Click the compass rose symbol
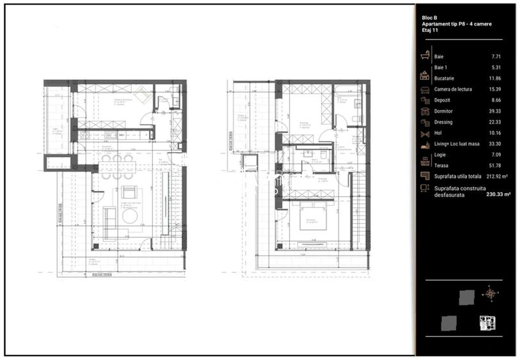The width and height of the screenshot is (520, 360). pyautogui.click(x=490, y=293)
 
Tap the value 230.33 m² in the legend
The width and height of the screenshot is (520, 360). pyautogui.click(x=498, y=194)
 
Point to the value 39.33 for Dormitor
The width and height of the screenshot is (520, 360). pyautogui.click(x=493, y=111)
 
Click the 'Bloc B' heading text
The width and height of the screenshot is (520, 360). pyautogui.click(x=430, y=17)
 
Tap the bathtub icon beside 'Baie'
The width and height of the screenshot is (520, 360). pyautogui.click(x=424, y=56)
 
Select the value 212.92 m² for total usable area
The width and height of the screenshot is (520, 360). pyautogui.click(x=496, y=176)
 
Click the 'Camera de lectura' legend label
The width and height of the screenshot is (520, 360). pyautogui.click(x=453, y=90)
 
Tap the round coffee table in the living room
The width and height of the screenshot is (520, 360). pyautogui.click(x=130, y=216)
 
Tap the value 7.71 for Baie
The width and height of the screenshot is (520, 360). pyautogui.click(x=494, y=56)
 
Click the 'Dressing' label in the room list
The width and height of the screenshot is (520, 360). pyautogui.click(x=443, y=122)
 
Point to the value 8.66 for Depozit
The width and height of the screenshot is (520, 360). pyautogui.click(x=494, y=100)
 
